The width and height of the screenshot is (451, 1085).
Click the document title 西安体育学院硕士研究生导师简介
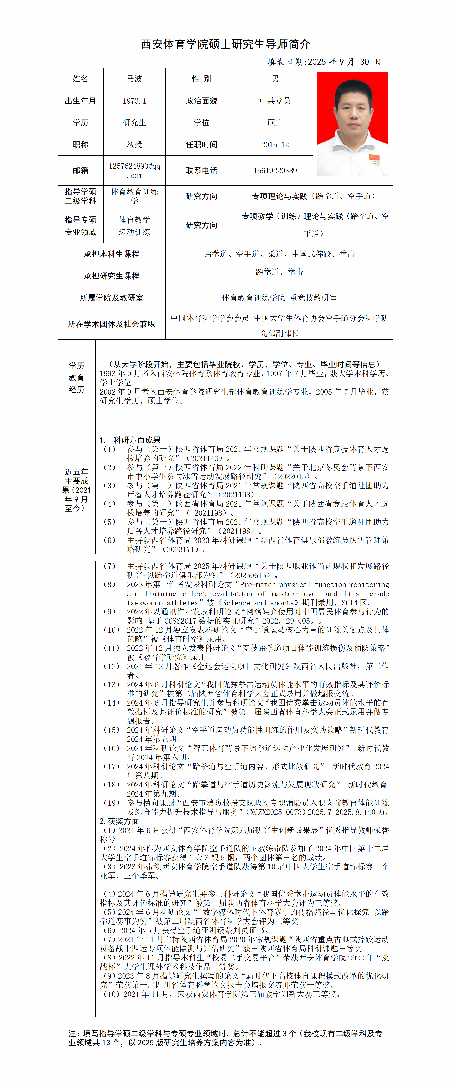(x=225, y=44)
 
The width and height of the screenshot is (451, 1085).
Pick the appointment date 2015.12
(x=275, y=145)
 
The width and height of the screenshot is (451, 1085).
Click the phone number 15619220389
(x=275, y=171)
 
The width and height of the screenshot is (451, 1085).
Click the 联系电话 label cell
(x=202, y=171)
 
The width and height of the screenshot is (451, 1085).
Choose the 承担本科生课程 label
(x=111, y=254)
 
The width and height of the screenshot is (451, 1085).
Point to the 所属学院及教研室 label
(x=111, y=298)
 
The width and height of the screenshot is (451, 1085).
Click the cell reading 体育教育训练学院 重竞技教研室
(x=279, y=298)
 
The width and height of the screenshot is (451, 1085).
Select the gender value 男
(x=275, y=79)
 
